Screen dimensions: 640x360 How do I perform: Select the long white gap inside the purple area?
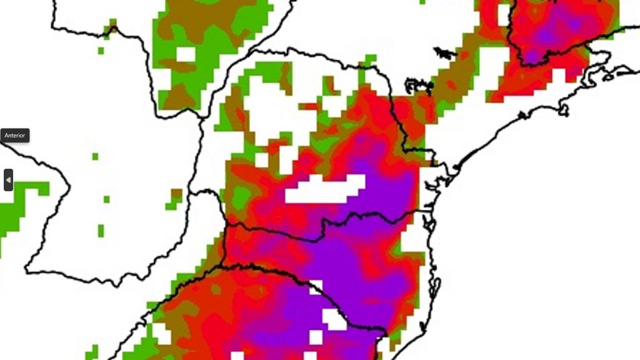point(325,189)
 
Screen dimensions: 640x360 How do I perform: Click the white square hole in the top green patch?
point(186,54)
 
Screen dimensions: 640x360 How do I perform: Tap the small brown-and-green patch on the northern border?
point(112,27)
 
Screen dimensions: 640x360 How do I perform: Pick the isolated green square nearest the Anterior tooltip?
point(95,156)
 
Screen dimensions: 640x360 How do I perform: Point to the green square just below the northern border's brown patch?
point(101,51)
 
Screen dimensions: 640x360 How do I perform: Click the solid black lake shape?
point(444,53)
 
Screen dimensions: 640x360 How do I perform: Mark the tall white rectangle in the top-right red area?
point(503,15)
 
